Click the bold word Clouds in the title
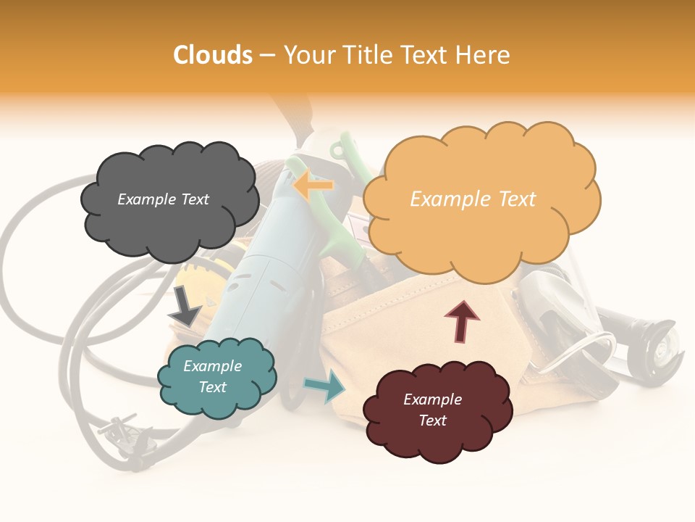(x=213, y=54)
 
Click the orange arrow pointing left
(x=313, y=186)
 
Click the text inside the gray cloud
(x=163, y=199)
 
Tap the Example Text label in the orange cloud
(x=473, y=199)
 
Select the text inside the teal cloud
(x=212, y=376)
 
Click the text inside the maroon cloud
(x=432, y=410)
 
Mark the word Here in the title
(x=484, y=54)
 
